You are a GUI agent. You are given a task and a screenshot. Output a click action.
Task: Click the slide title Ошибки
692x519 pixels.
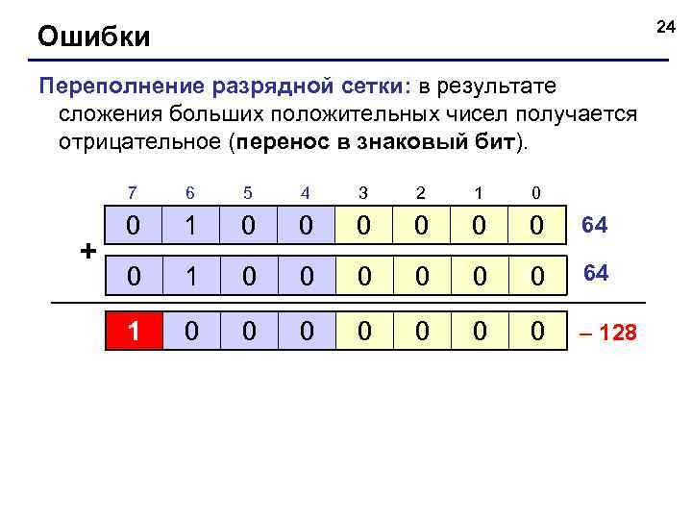[93, 37]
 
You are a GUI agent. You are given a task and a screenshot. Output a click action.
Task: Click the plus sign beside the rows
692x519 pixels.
[88, 252]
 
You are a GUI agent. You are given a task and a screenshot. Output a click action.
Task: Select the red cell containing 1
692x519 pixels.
[134, 332]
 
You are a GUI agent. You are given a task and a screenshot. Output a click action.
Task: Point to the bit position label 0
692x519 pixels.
[536, 192]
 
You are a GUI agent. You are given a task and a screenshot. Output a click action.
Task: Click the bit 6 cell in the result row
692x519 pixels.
[191, 332]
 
